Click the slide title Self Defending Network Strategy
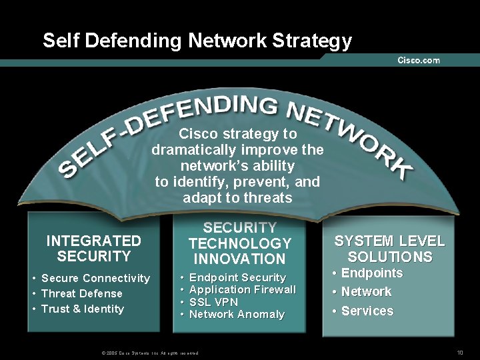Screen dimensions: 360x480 [x=197, y=41]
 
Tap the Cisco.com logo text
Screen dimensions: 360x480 [x=418, y=60]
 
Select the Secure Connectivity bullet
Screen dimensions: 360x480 [x=95, y=278]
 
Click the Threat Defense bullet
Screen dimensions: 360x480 [x=81, y=293]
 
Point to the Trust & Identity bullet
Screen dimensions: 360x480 [x=82, y=309]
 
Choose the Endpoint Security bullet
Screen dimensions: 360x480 [x=237, y=277]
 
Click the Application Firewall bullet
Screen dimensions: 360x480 [x=243, y=289]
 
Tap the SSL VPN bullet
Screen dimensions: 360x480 [x=213, y=302]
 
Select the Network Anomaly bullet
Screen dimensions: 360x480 [x=237, y=314]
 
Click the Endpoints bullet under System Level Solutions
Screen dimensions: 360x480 [x=371, y=273]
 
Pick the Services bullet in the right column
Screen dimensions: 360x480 [x=367, y=311]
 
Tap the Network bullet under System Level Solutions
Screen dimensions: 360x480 [x=366, y=291]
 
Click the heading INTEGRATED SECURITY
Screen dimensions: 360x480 [x=94, y=248]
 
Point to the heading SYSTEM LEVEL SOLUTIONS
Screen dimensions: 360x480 [x=389, y=249]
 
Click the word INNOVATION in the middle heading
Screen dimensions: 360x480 [x=239, y=259]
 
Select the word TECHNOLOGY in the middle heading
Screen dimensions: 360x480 [x=239, y=243]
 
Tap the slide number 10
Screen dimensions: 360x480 [x=459, y=352]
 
